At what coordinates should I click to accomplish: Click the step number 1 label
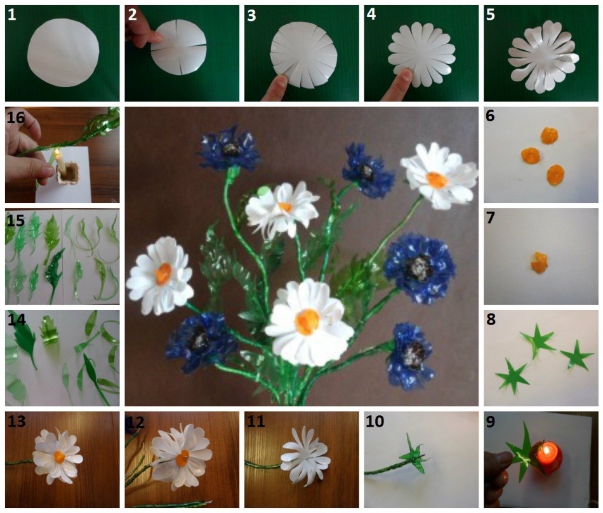12,15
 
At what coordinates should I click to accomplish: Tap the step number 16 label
16,117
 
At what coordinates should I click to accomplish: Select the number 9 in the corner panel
491,422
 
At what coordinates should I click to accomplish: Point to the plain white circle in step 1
63,52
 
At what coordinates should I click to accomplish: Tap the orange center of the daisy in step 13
59,457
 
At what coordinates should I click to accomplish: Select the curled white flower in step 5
543,57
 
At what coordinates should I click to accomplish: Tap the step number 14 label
17,319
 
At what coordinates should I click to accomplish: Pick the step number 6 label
490,116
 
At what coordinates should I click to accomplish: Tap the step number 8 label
491,319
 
